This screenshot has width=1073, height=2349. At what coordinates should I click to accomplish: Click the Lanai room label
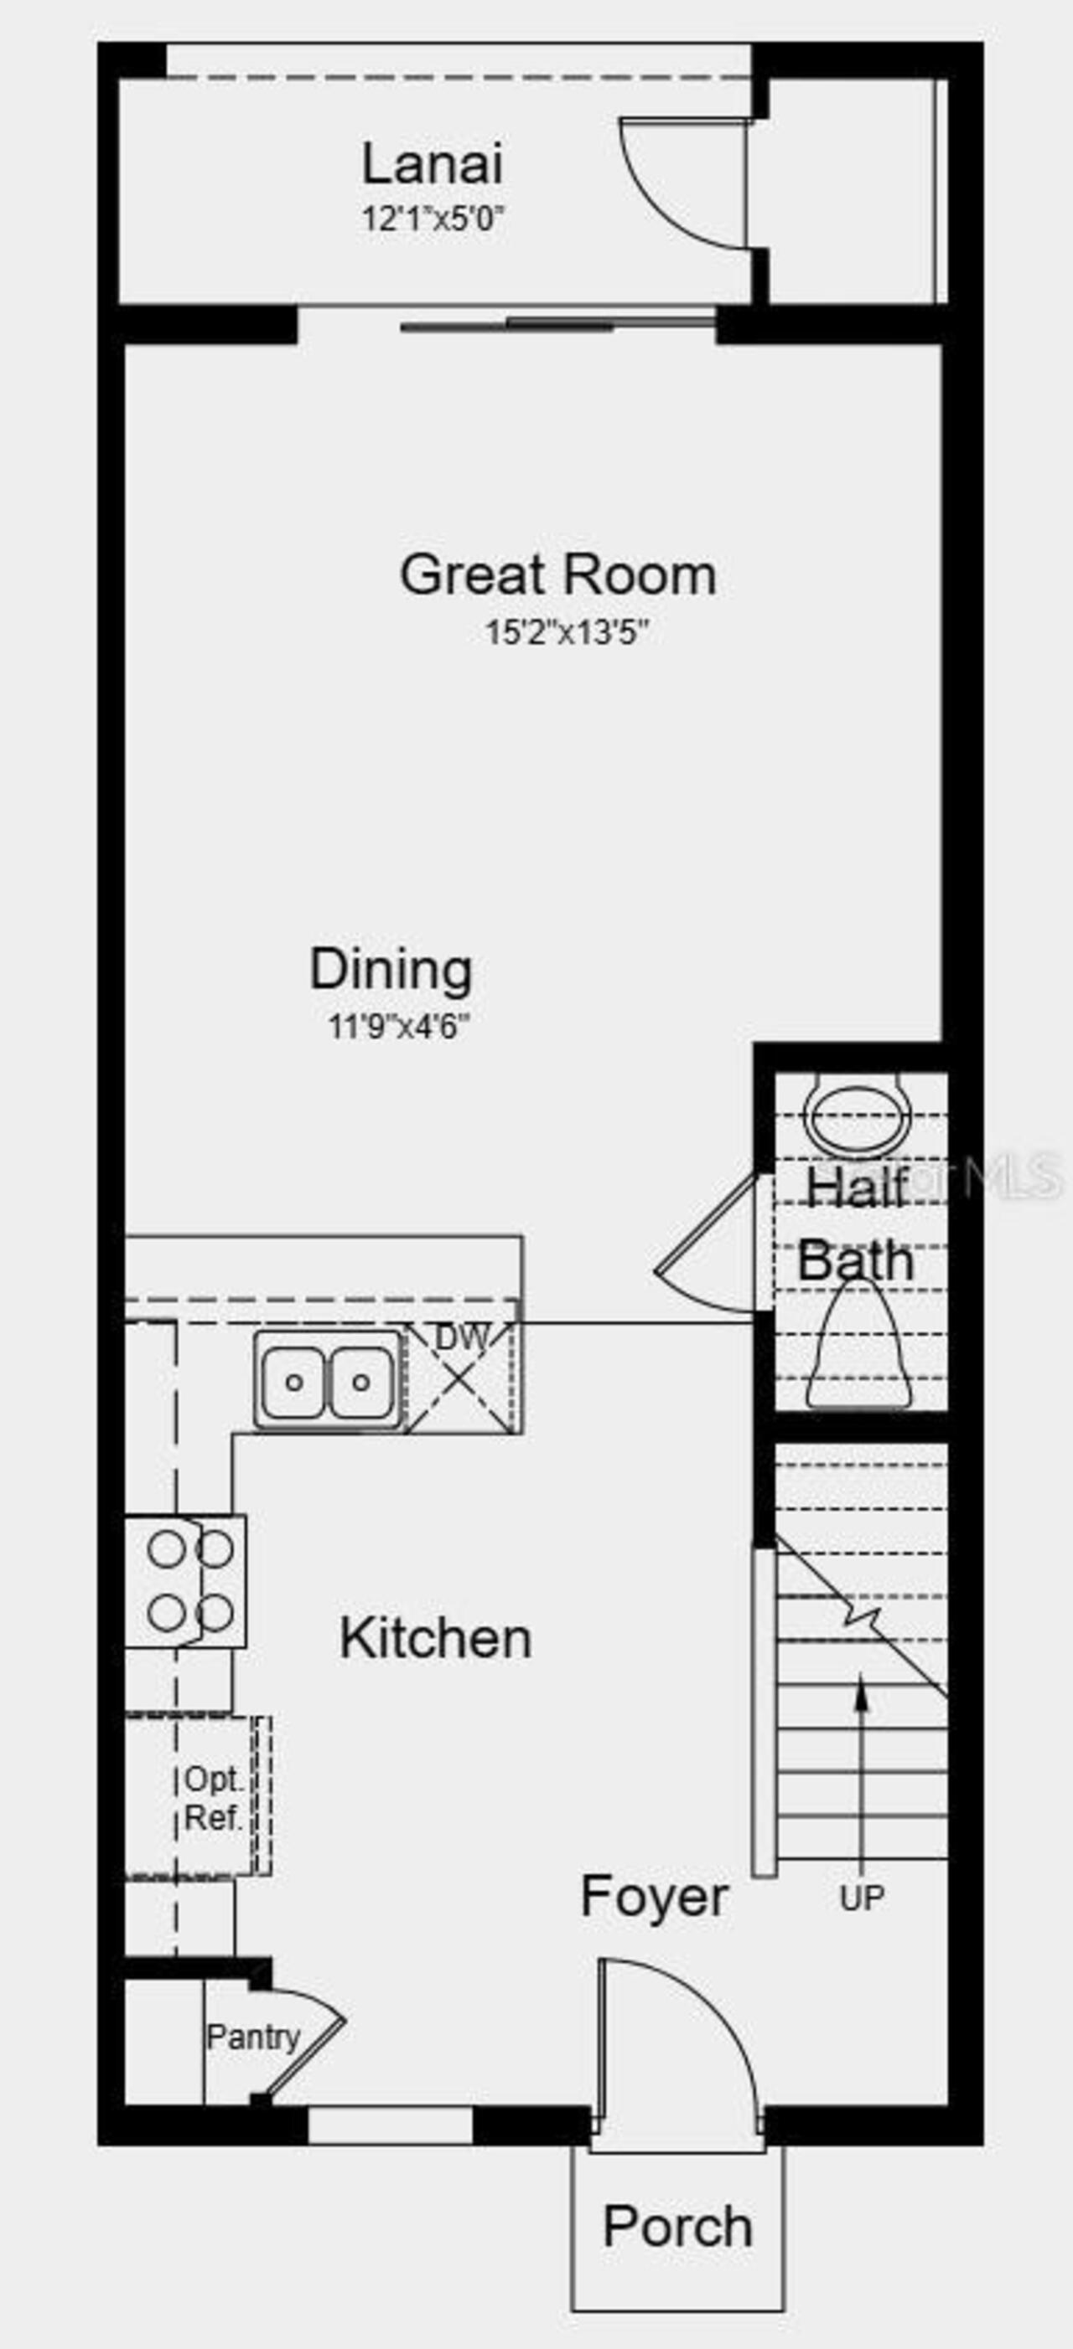[433, 164]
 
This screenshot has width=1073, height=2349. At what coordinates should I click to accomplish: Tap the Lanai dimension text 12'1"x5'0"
[433, 219]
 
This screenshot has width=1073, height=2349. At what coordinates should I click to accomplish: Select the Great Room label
[557, 575]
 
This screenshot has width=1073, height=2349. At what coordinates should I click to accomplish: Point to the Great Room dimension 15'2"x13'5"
[567, 632]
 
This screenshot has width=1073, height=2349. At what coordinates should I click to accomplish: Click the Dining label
[391, 968]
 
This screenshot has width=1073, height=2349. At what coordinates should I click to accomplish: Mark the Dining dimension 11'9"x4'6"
[399, 1027]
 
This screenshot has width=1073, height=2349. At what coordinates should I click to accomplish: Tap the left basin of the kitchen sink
[293, 1383]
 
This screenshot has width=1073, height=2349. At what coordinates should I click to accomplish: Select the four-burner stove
[185, 1581]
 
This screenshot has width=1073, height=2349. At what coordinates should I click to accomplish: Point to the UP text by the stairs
[861, 1898]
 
